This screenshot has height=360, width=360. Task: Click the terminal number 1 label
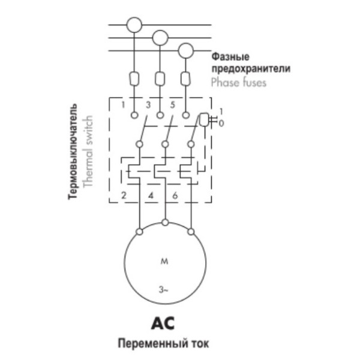pyautogui.click(x=122, y=105)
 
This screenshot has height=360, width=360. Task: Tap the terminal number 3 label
pyautogui.click(x=148, y=105)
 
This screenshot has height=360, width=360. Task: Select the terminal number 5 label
pyautogui.click(x=173, y=105)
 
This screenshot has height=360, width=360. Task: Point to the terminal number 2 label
pyautogui.click(x=122, y=195)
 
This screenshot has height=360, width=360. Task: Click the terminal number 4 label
pyautogui.click(x=150, y=195)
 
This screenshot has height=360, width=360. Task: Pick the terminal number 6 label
pyautogui.click(x=175, y=195)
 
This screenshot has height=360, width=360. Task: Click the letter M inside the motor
pyautogui.click(x=164, y=262)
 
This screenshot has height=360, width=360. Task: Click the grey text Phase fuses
pyautogui.click(x=239, y=83)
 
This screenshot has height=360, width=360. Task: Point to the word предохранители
pyautogui.click(x=250, y=70)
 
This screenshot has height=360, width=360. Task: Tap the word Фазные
pyautogui.click(x=227, y=57)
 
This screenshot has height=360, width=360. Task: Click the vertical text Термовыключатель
pyautogui.click(x=73, y=153)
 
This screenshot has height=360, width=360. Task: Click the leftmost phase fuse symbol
pyautogui.click(x=134, y=78)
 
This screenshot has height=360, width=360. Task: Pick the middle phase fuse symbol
pyautogui.click(x=160, y=78)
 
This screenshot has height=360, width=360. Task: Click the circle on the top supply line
pyautogui.click(x=134, y=25)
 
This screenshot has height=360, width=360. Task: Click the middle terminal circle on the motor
pyautogui.click(x=165, y=224)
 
